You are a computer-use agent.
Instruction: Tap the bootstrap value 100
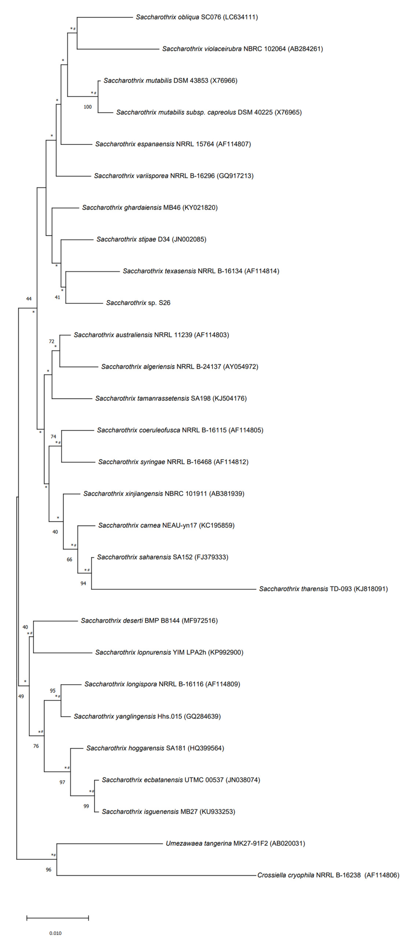87,107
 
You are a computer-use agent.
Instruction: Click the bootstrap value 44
29,299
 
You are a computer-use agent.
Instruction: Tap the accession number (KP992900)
226,652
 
